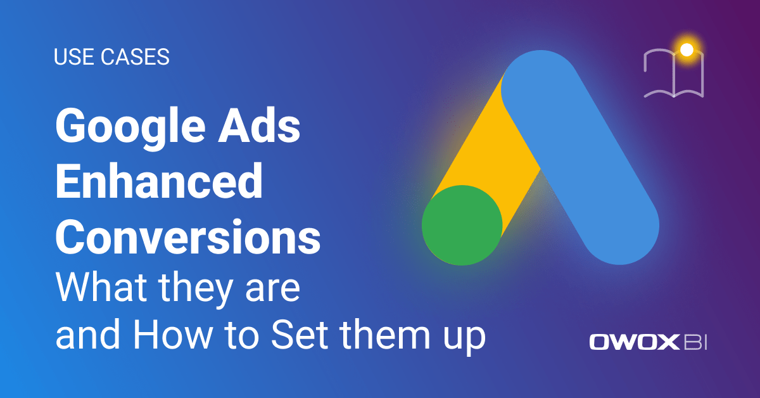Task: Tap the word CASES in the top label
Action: coord(134,58)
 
